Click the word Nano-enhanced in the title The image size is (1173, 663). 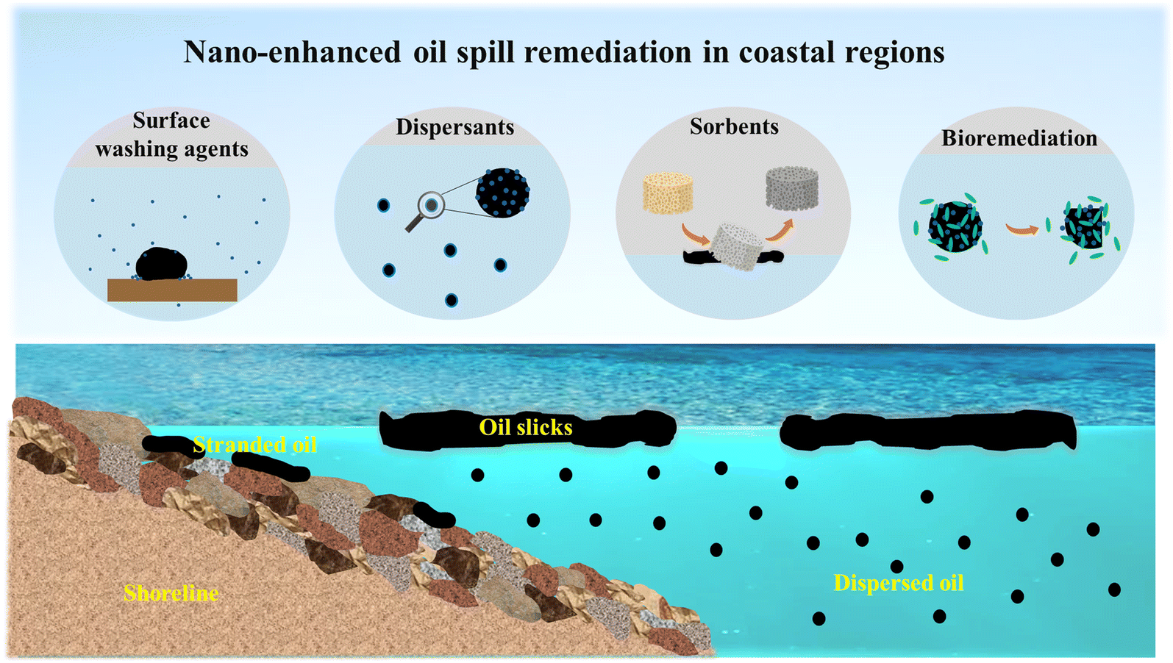(x=292, y=52)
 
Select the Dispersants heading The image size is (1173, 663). (x=454, y=127)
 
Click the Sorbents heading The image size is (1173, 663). (x=734, y=126)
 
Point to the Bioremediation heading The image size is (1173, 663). (x=1019, y=138)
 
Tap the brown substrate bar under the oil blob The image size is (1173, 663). (x=172, y=290)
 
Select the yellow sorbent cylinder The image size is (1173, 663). (x=668, y=193)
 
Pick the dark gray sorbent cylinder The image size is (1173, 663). (x=791, y=187)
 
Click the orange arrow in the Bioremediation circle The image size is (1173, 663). (x=1022, y=230)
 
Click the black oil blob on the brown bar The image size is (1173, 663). (x=162, y=264)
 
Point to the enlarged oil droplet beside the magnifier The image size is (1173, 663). (x=502, y=193)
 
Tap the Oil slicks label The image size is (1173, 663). (x=525, y=428)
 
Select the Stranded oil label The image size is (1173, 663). (x=254, y=445)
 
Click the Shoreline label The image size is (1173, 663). (x=171, y=593)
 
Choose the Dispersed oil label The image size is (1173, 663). (x=898, y=583)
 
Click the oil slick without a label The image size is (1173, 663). (x=927, y=431)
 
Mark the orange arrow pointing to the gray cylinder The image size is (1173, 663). (x=780, y=229)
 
